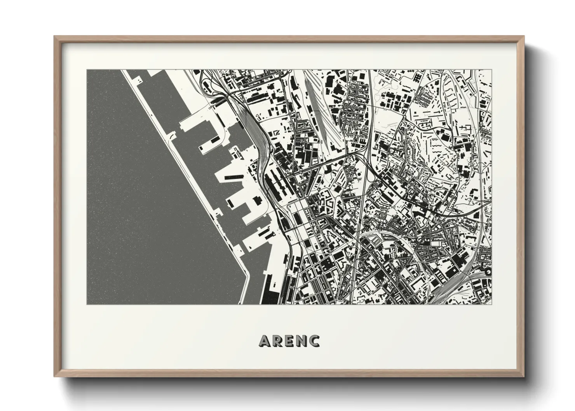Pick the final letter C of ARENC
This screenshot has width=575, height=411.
coord(314,341)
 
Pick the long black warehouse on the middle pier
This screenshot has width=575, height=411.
coord(233,178)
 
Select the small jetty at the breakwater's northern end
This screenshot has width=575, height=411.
coord(138,79)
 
